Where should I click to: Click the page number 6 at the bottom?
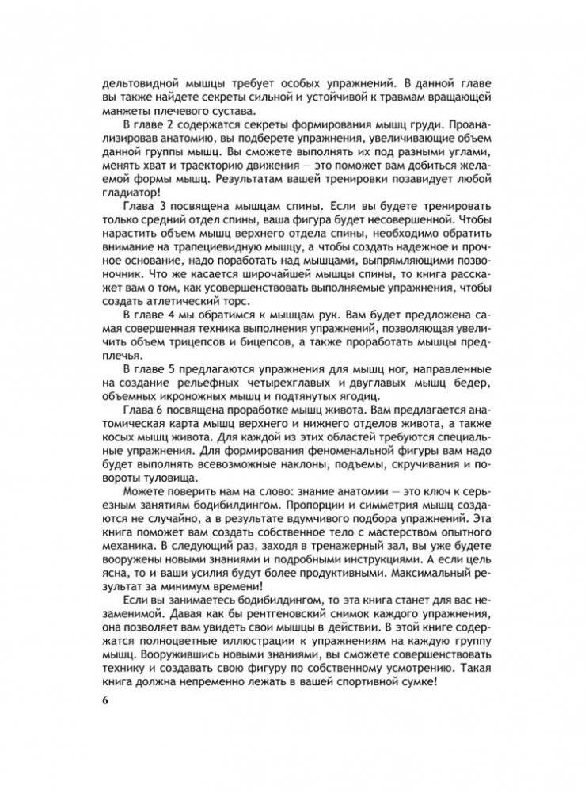[97, 703]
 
